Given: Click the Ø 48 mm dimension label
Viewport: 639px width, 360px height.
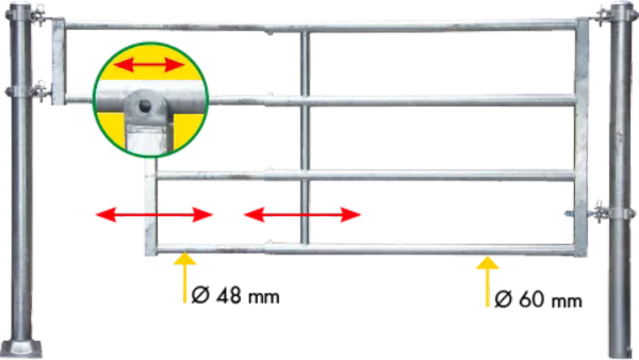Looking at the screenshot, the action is click(x=235, y=296).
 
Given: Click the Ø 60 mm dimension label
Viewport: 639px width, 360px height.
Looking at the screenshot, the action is click(x=538, y=299).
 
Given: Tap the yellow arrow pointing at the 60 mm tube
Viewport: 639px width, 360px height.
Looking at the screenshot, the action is click(x=487, y=281).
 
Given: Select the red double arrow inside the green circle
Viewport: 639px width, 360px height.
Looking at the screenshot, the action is click(x=149, y=65).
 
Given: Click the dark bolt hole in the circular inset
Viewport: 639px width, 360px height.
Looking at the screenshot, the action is click(x=144, y=106).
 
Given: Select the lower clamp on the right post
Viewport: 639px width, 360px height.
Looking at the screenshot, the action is click(x=602, y=213).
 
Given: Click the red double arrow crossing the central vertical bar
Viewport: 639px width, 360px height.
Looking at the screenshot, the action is click(x=302, y=215).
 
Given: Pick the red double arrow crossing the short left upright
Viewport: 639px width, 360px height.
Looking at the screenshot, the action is click(x=154, y=215).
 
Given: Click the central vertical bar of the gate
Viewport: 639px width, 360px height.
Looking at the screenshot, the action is click(x=305, y=137).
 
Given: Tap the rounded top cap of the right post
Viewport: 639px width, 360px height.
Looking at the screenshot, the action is click(x=621, y=5).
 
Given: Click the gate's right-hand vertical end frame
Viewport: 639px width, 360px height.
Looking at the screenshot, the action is click(x=581, y=137).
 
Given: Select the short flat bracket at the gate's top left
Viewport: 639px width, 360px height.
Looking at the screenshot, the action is click(x=58, y=61).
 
